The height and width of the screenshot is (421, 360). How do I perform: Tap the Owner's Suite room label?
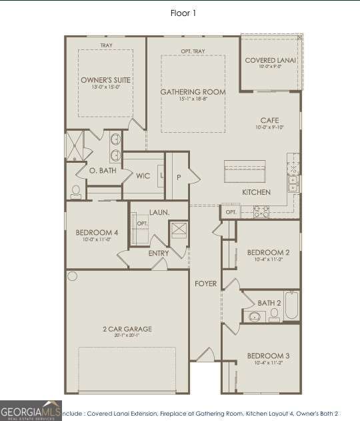[x=105, y=80]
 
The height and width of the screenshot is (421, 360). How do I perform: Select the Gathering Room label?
[x=193, y=91]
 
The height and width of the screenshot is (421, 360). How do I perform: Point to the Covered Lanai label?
[x=270, y=61]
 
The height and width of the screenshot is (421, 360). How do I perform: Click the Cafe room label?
[x=269, y=120]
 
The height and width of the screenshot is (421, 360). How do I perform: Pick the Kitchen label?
[x=256, y=192]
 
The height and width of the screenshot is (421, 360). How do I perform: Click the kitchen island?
[x=245, y=173]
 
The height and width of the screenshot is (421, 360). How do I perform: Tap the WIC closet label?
[x=143, y=176]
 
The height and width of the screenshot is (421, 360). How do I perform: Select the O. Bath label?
[x=103, y=171]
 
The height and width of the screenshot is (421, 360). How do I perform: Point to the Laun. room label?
[x=159, y=212]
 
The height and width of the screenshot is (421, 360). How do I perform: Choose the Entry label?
[x=159, y=253]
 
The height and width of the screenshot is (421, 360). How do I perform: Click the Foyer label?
[x=205, y=284]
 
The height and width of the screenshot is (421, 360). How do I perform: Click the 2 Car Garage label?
[x=127, y=329]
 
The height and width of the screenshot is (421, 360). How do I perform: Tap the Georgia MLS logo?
[x=31, y=410]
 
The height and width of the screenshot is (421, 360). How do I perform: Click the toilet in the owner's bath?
[x=75, y=191]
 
